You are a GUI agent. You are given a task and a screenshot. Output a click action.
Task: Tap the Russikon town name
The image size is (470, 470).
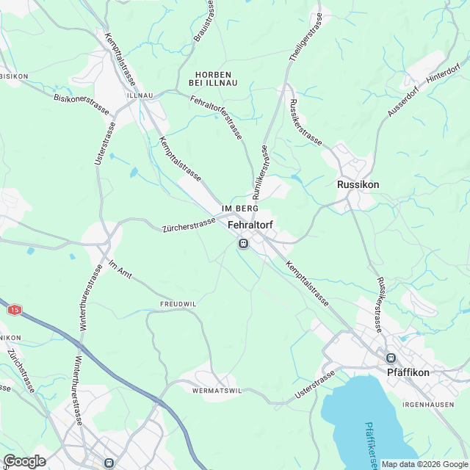(358, 184)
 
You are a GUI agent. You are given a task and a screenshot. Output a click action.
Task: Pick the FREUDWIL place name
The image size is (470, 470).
(179, 303)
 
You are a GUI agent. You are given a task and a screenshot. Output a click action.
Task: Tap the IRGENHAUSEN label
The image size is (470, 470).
(433, 405)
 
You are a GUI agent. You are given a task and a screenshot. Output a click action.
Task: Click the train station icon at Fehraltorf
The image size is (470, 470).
(243, 243)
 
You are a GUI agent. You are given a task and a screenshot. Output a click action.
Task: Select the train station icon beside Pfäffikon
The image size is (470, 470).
(391, 358)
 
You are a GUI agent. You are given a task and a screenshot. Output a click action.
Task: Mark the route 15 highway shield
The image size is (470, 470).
(15, 311)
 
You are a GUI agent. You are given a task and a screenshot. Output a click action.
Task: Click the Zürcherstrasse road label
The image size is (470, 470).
(188, 225)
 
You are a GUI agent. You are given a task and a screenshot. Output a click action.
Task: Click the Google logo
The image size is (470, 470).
(24, 460)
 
